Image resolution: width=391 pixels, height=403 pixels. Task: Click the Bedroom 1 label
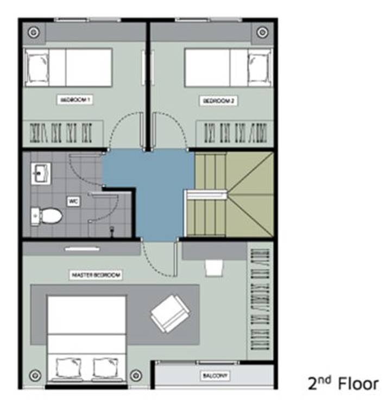tap(75, 100)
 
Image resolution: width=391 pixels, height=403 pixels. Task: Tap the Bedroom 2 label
tap(218, 101)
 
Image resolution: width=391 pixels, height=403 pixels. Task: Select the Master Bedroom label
tap(96, 275)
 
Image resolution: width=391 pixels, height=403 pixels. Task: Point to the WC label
tap(73, 201)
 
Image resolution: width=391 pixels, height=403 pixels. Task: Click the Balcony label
tap(215, 376)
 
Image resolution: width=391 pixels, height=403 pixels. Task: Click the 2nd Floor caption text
tap(343, 383)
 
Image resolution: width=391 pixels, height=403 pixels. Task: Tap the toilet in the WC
tap(47, 216)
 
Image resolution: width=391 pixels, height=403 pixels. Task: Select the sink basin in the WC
tap(41, 173)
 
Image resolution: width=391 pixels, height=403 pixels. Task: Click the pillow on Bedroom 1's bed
tap(37, 67)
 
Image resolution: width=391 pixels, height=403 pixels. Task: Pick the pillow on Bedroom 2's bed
tap(259, 67)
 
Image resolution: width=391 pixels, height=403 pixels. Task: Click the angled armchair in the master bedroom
tap(170, 313)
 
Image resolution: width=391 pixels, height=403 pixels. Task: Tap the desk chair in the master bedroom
tap(214, 268)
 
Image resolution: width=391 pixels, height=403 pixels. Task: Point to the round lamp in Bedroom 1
tap(34, 33)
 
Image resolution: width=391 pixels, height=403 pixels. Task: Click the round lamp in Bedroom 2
tap(262, 33)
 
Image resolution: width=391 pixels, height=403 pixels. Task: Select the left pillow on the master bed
tap(68, 368)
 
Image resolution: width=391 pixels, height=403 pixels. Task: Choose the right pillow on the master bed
tap(105, 368)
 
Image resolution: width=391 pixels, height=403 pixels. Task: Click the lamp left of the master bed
tap(35, 375)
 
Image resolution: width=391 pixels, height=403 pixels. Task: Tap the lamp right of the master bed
tap(136, 375)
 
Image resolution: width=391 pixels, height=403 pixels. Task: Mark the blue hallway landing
tap(157, 190)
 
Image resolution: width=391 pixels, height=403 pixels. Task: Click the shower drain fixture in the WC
tap(112, 230)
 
